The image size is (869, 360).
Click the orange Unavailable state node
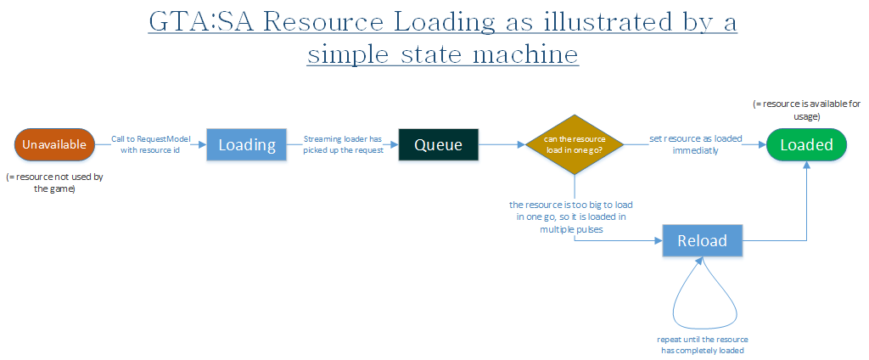tap(54, 145)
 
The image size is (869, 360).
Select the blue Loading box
tap(247, 145)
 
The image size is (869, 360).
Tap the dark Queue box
tap(438, 145)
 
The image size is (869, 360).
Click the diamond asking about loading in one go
tap(575, 145)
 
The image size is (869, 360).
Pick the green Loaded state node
tap(806, 145)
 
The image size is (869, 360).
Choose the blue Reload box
tap(702, 241)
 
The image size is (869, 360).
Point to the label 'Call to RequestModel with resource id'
tap(151, 145)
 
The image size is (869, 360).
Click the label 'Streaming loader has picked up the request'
tap(344, 145)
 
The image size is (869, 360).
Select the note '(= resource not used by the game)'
tap(54, 183)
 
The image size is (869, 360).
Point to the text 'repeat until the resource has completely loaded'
tap(702, 345)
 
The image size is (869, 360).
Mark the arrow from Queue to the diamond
tap(502, 145)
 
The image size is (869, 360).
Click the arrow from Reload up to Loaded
tap(806, 204)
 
